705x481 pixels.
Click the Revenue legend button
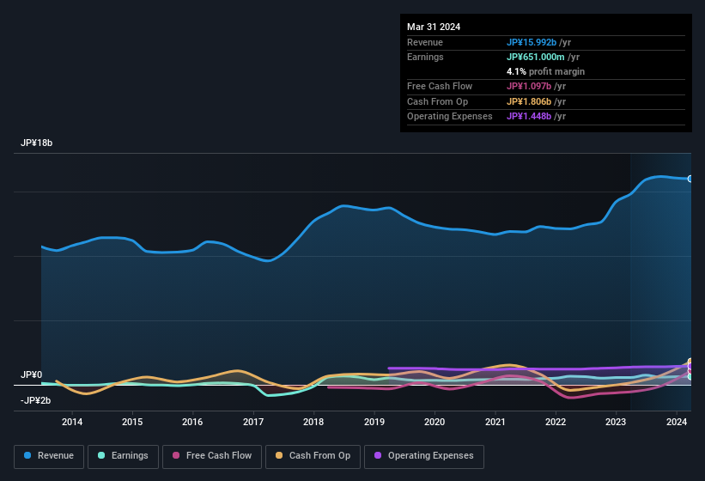(49, 456)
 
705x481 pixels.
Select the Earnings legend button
(123, 456)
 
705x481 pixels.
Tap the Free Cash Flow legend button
(212, 456)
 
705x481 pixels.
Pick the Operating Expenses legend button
(424, 456)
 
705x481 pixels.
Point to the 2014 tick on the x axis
(72, 422)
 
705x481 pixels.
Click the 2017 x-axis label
(253, 422)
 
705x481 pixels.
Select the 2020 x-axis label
(435, 422)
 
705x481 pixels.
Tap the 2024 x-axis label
(676, 422)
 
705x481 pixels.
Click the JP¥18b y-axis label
(37, 143)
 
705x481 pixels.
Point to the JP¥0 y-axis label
(32, 375)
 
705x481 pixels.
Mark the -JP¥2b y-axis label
(35, 400)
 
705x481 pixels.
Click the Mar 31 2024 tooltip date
(434, 27)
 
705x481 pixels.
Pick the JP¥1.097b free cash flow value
(529, 87)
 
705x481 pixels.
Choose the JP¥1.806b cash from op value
(529, 101)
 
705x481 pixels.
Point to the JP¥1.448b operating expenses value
(529, 116)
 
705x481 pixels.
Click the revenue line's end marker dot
(690, 179)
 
